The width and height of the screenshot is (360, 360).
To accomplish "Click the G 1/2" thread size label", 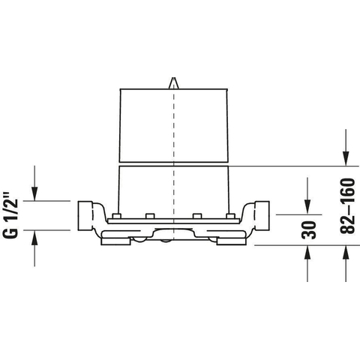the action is (x=10, y=215).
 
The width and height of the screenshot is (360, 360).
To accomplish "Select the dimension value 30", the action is (x=309, y=229).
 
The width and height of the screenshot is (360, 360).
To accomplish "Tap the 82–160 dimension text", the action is (x=347, y=205).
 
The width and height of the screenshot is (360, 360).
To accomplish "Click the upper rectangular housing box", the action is (x=174, y=125).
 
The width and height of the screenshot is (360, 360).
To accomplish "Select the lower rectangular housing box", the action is (x=174, y=192).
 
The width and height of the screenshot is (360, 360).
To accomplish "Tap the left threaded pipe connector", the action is (x=85, y=215).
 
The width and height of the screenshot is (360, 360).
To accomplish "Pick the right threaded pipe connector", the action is (x=262, y=215).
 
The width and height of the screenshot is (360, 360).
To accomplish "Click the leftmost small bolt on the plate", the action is (x=116, y=216).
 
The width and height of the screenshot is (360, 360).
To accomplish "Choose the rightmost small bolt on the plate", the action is (x=230, y=216).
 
